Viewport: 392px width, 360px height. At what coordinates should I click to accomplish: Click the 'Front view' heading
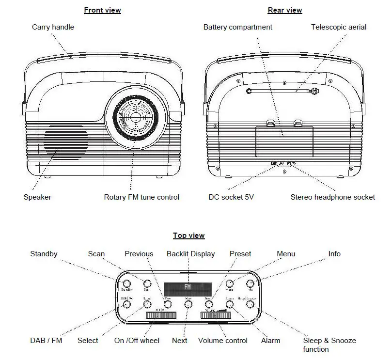(102, 10)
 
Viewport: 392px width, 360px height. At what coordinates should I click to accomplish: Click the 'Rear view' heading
(284, 10)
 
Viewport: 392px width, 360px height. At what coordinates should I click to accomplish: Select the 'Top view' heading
(189, 235)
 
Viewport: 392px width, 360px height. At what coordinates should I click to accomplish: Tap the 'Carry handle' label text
(53, 27)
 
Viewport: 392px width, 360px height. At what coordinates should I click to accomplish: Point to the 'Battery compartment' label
(237, 27)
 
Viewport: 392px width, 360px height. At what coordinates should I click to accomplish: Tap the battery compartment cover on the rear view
(284, 140)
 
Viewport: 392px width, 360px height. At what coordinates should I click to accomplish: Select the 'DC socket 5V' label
(231, 197)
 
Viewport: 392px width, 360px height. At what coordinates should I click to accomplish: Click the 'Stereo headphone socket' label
(332, 197)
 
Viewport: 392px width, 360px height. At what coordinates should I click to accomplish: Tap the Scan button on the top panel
(147, 284)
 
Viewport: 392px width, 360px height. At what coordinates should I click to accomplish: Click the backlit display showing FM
(188, 287)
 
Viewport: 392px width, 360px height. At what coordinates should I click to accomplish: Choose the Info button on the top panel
(250, 284)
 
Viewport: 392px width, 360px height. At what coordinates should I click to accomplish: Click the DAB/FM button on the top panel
(126, 304)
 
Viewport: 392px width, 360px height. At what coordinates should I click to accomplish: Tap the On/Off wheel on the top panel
(160, 316)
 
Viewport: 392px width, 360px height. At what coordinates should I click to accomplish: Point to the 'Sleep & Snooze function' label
(329, 344)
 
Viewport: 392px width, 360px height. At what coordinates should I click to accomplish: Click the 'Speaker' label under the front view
(37, 197)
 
